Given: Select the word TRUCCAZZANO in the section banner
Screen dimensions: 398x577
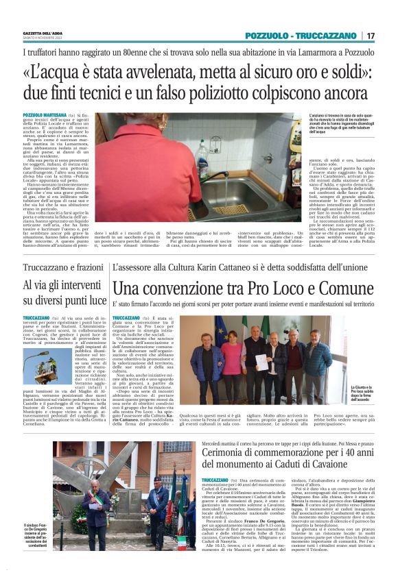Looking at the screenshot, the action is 325,36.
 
